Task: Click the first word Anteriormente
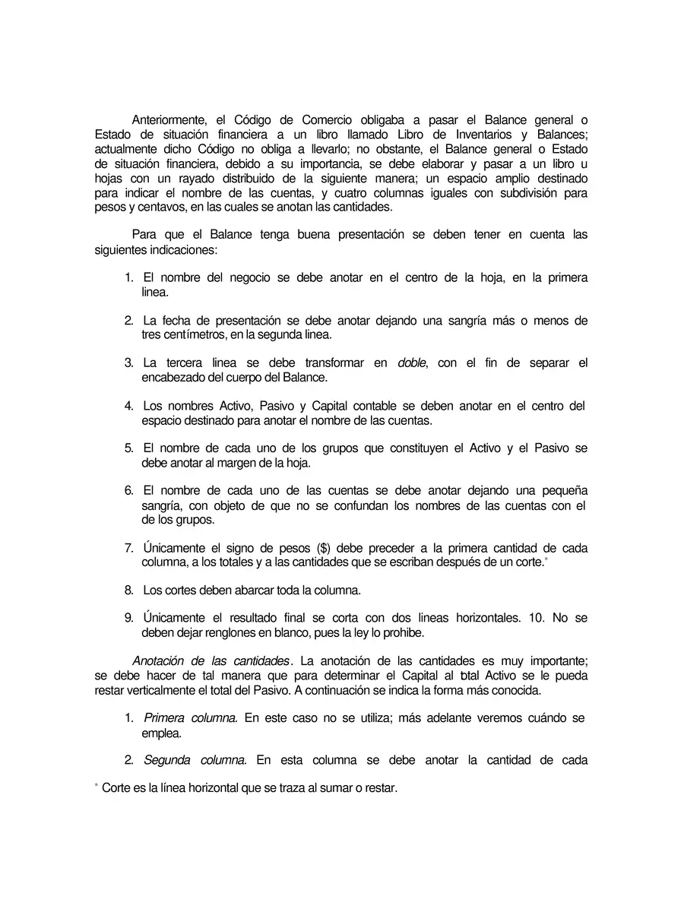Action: point(169,120)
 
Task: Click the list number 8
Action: point(128,591)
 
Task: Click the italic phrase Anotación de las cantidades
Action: point(211,661)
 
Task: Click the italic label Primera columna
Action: point(191,718)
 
